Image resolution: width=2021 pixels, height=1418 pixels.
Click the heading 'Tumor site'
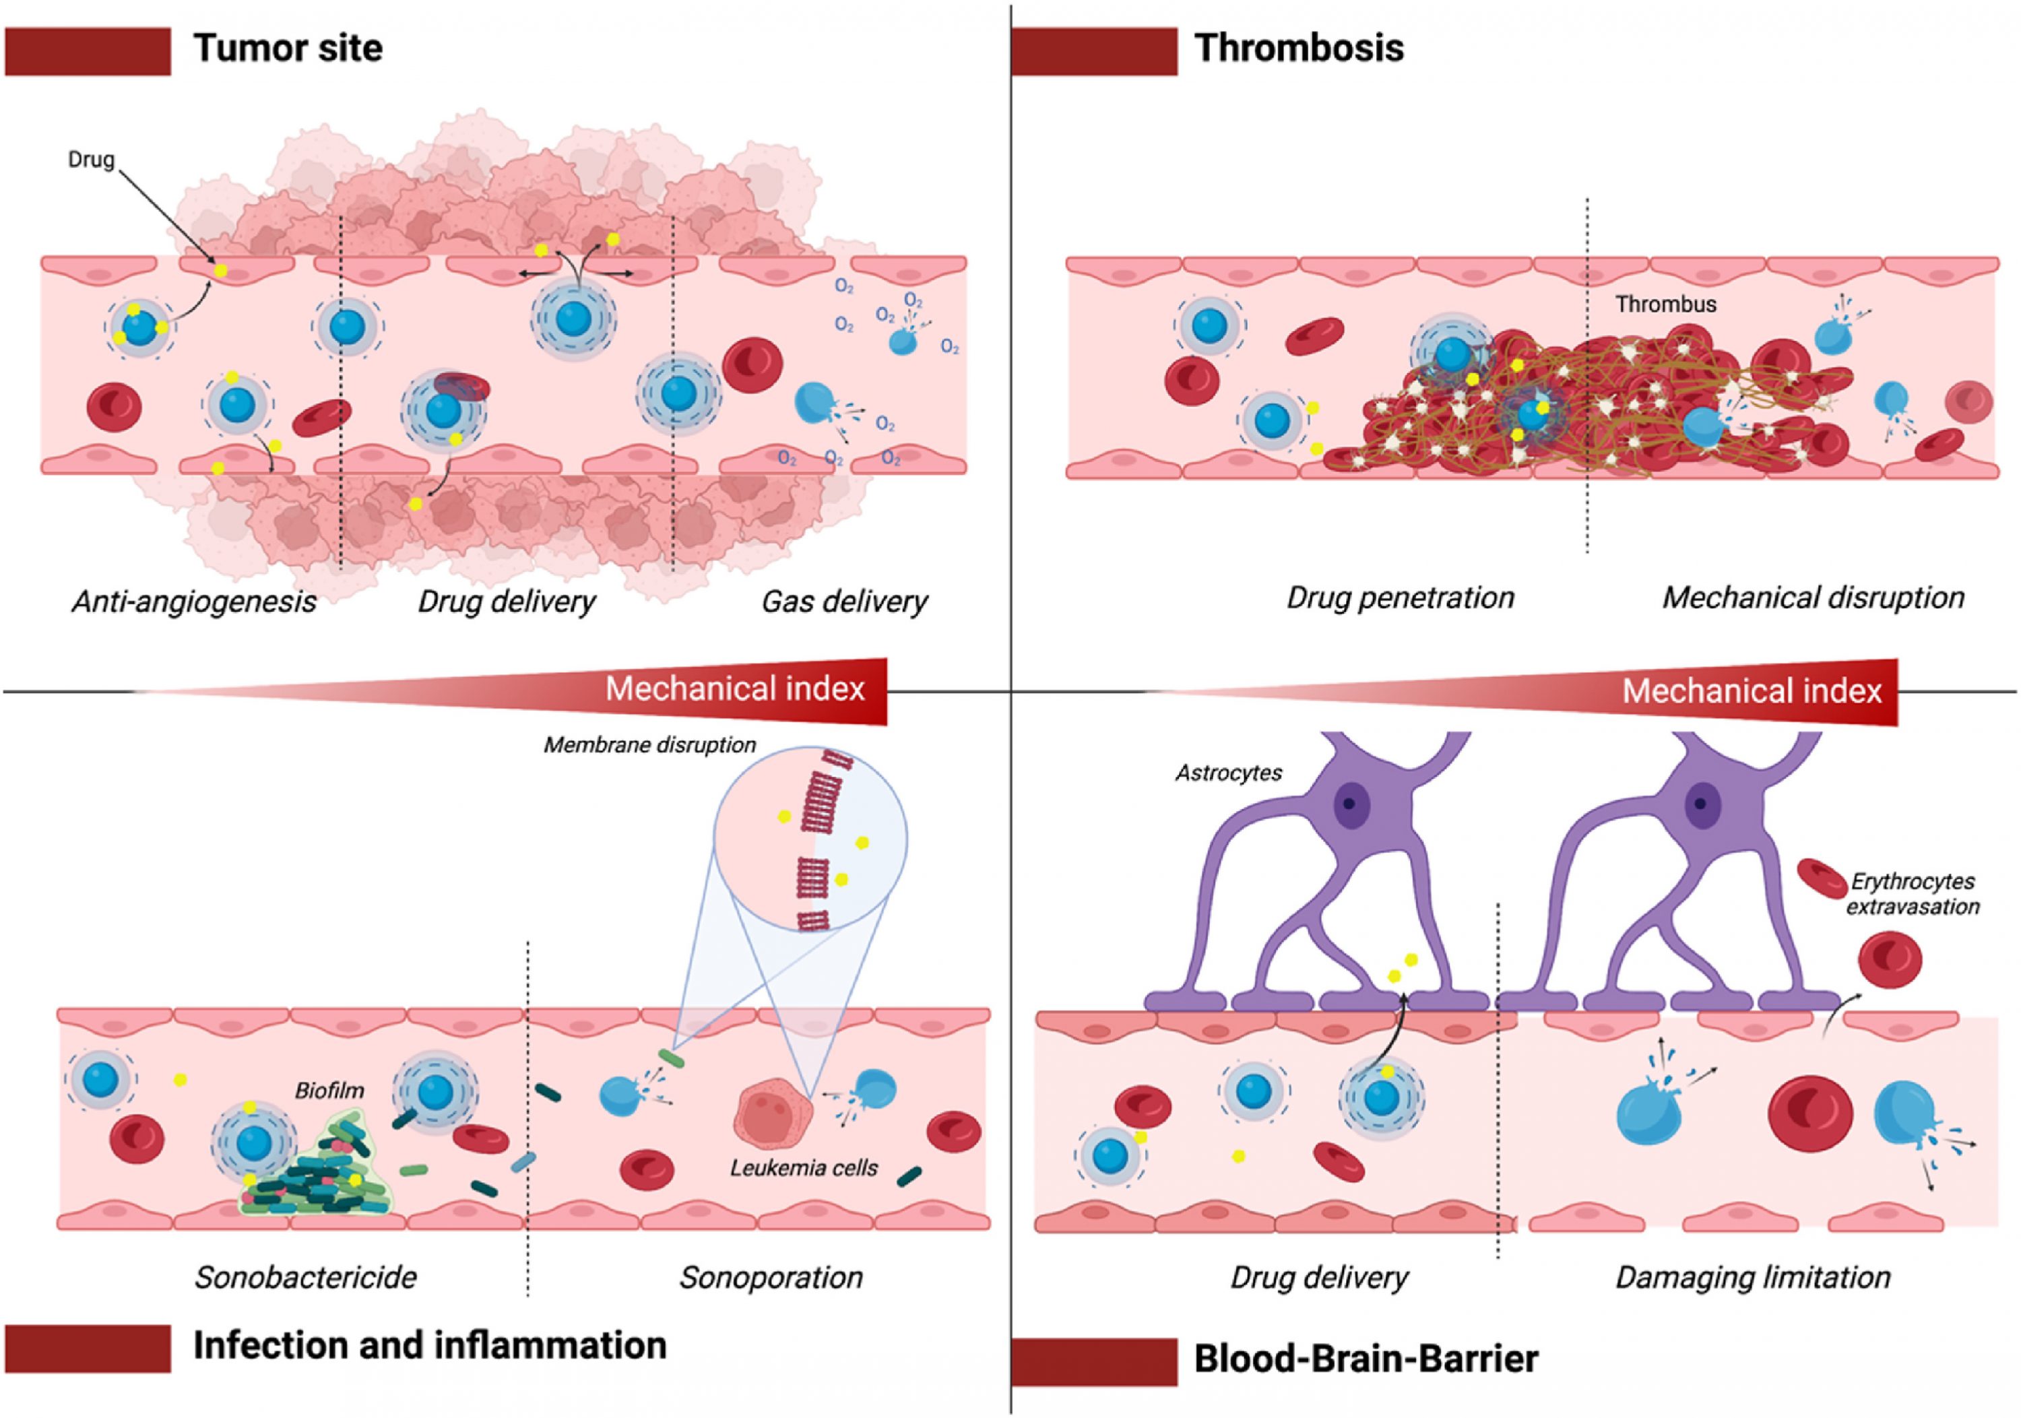tap(288, 49)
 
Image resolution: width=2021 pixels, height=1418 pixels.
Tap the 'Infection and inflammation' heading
tap(430, 1345)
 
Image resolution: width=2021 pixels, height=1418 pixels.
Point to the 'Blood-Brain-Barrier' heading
tap(1366, 1358)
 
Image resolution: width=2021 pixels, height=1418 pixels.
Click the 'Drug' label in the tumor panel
tap(91, 160)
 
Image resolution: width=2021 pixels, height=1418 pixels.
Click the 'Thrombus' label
tap(1665, 304)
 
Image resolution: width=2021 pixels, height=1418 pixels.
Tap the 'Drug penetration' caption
tap(1401, 598)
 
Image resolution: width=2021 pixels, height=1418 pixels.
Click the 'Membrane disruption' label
tap(649, 744)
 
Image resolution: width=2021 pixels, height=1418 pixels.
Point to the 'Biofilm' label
tap(329, 1091)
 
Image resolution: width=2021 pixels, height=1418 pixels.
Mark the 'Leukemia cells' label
tap(804, 1168)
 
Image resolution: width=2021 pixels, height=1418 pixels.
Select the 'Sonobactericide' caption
tap(305, 1277)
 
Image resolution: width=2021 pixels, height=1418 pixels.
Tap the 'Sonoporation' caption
tap(771, 1277)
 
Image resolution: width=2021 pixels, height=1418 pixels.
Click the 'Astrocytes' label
tap(1229, 773)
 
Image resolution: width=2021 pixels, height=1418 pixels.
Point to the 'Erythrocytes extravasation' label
tap(1912, 893)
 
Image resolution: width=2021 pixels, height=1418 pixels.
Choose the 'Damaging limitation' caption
tap(1752, 1277)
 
